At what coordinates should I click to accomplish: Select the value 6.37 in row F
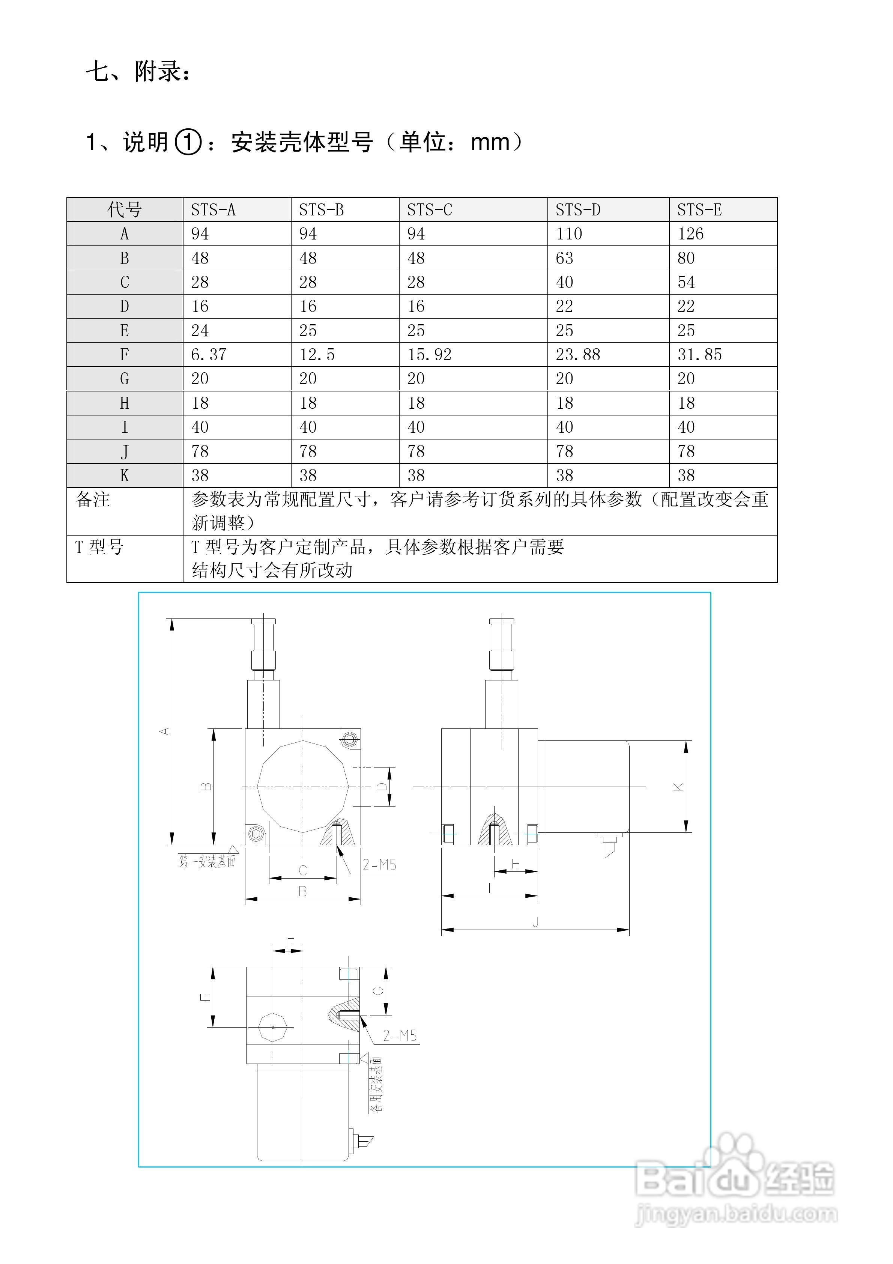tap(209, 355)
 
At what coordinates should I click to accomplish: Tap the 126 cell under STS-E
tap(690, 234)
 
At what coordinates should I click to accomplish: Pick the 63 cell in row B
tap(564, 258)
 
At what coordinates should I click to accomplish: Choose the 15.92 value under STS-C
tap(430, 355)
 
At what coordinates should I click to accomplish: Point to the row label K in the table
tap(125, 476)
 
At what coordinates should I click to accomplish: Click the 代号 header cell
tap(125, 210)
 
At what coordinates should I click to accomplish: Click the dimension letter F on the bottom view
tap(290, 943)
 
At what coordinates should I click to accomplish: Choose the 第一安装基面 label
tap(207, 862)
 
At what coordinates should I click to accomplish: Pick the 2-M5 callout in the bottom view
tap(400, 1035)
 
